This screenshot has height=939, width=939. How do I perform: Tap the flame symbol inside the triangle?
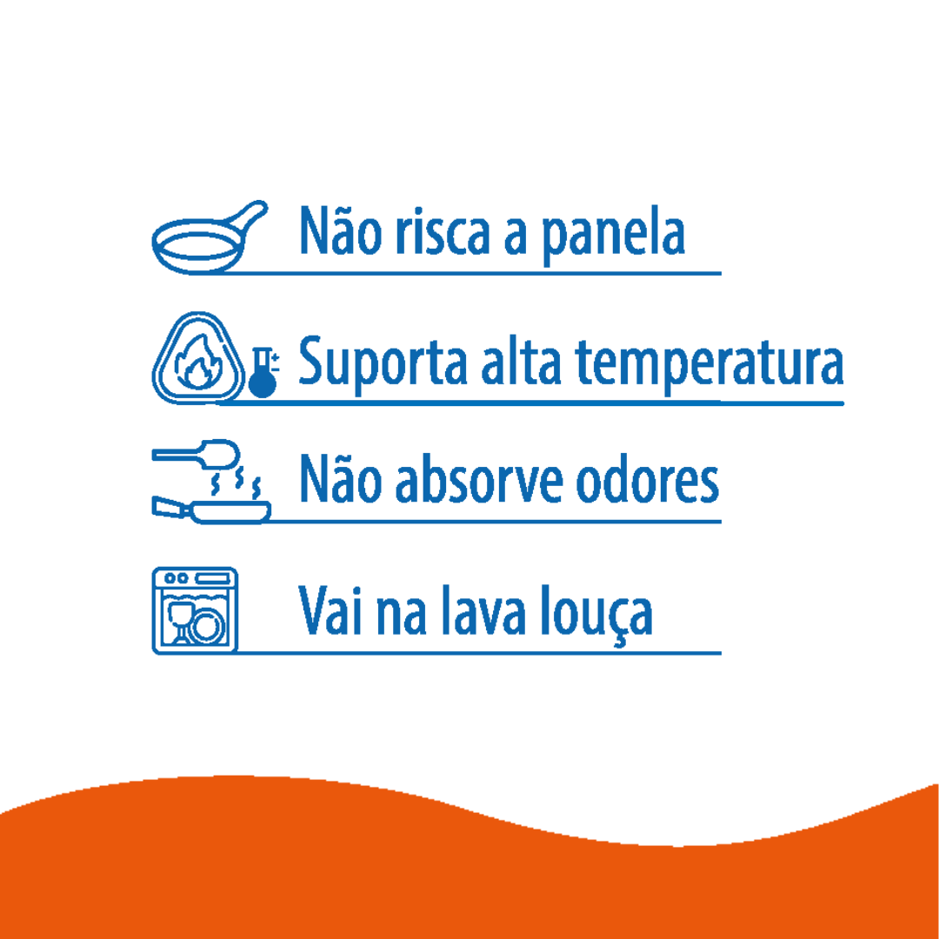[x=196, y=363]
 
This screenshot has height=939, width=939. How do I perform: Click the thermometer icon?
[x=263, y=372]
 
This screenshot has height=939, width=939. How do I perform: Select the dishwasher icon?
[x=196, y=610]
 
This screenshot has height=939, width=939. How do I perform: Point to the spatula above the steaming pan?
[x=197, y=453]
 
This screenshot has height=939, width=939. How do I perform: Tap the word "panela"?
[x=613, y=236]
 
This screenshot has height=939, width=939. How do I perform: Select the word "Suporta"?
[x=383, y=363]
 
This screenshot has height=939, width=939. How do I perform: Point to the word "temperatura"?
[x=709, y=364]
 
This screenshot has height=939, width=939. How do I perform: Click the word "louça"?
[x=596, y=615]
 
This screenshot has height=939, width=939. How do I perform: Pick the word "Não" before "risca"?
[x=340, y=230]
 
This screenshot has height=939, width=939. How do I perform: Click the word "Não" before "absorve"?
[x=340, y=478]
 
